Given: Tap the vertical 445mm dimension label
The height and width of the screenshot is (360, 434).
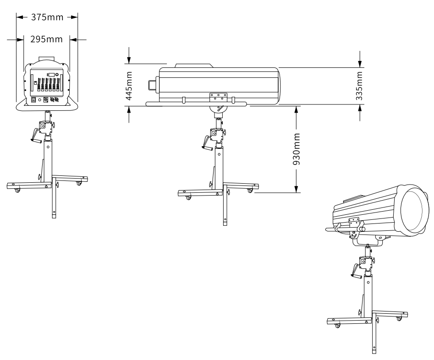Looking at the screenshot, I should pos(129,85).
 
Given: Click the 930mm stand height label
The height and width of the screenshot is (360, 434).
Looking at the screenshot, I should pos(297,149).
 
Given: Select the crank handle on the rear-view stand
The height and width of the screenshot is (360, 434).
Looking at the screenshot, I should pos(34,136).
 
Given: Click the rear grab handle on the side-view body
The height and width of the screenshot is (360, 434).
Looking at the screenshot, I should pos(152,85).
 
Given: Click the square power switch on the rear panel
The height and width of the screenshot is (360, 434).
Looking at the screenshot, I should pos(33,98).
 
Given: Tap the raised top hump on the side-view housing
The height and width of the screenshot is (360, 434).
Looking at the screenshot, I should pos(192,65).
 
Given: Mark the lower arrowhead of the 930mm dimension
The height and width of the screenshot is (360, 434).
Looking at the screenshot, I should pos(297,189).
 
